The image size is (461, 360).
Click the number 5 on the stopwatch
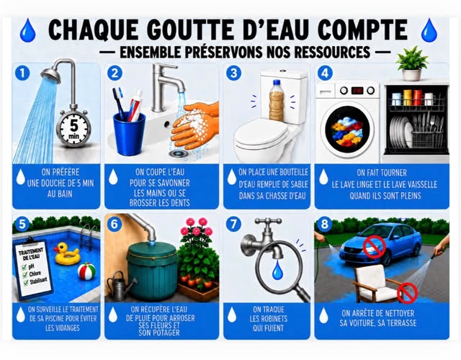pyautogui.click(x=73, y=126)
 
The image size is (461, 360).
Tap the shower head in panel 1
pyautogui.click(x=50, y=75)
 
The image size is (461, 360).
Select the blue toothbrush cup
pyautogui.click(x=130, y=134)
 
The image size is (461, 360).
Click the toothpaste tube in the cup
pyautogui.click(x=136, y=106)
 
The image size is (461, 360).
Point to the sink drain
pyautogui.click(x=177, y=153)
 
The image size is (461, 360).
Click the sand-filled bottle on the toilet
pyautogui.click(x=277, y=101)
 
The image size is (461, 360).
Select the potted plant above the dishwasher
pyautogui.click(x=411, y=63)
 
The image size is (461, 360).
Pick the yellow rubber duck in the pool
pyautogui.click(x=67, y=253)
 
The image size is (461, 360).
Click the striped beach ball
pyautogui.click(x=86, y=271)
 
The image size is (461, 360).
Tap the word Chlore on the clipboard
pyautogui.click(x=35, y=274)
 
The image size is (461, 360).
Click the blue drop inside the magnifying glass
pyautogui.click(x=277, y=270)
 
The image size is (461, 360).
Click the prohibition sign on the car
pyautogui.click(x=374, y=247)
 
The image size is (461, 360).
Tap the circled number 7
pyautogui.click(x=233, y=225)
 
